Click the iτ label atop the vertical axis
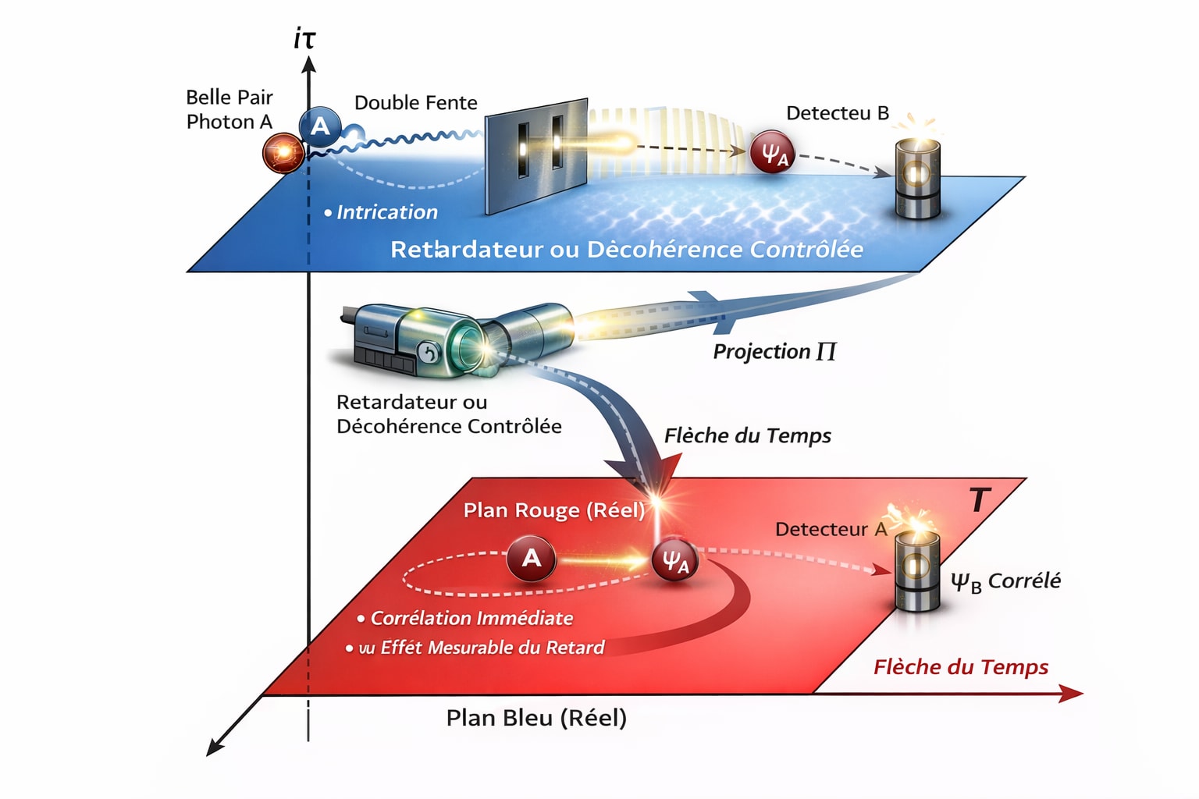(304, 38)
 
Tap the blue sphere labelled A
(320, 126)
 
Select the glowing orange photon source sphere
(283, 151)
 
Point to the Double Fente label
(415, 103)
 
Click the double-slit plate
(536, 154)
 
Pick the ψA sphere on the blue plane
(772, 151)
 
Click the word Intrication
(386, 212)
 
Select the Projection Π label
(774, 352)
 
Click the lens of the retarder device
(471, 343)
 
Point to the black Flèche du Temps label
(747, 435)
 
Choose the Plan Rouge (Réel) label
(553, 510)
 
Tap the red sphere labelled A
(531, 558)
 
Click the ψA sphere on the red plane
(674, 559)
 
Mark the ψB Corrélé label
(1005, 581)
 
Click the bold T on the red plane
(979, 499)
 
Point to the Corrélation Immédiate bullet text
(471, 618)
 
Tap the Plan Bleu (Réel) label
(536, 718)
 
